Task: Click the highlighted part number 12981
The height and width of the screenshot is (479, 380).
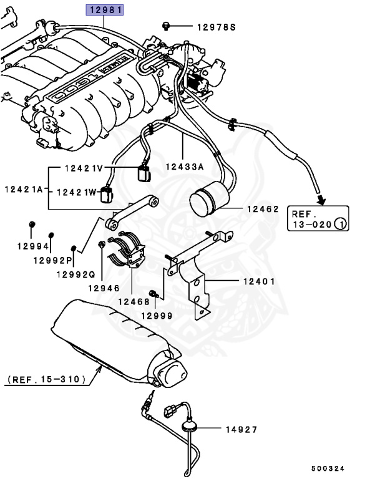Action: click(x=105, y=9)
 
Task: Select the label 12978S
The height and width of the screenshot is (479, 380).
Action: click(x=217, y=27)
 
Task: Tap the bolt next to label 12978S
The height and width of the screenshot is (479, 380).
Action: click(x=167, y=26)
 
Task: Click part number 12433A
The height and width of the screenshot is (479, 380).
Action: click(x=185, y=167)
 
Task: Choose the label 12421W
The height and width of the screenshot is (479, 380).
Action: click(x=77, y=193)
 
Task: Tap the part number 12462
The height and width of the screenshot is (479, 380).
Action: click(x=262, y=210)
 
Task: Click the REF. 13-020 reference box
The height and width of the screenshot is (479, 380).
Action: click(x=317, y=218)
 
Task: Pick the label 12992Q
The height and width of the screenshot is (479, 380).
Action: click(x=75, y=274)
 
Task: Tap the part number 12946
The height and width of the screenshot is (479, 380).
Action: click(x=103, y=288)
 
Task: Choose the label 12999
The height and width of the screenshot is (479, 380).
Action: click(x=155, y=316)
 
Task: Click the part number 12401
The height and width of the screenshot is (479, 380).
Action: click(x=259, y=281)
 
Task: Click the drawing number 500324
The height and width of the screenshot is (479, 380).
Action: click(x=328, y=468)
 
